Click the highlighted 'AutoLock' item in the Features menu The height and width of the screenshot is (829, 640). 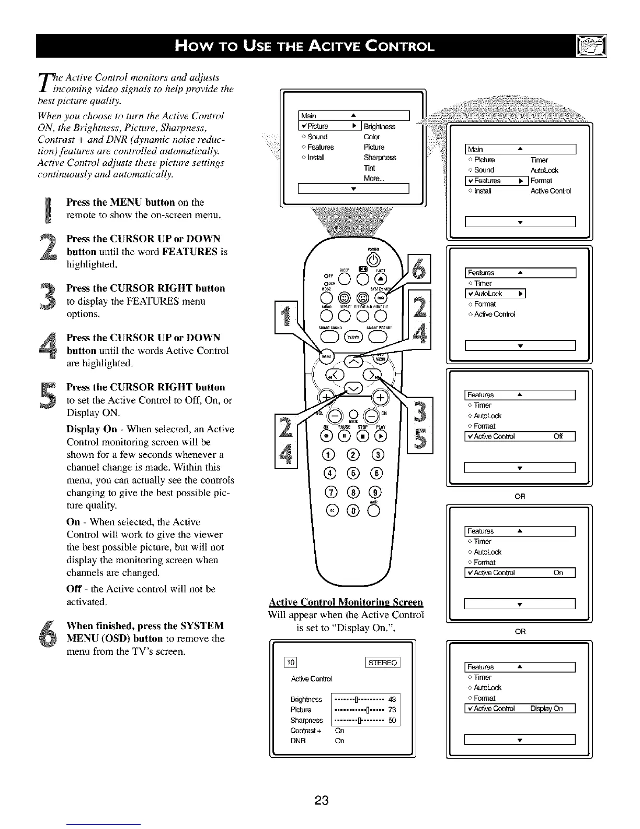pyautogui.click(x=495, y=294)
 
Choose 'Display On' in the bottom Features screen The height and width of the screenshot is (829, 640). pyautogui.click(x=546, y=709)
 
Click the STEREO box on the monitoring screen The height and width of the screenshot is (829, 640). pyautogui.click(x=383, y=663)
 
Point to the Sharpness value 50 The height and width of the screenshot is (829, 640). pyautogui.click(x=392, y=720)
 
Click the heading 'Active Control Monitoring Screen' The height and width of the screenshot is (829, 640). pyautogui.click(x=345, y=602)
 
